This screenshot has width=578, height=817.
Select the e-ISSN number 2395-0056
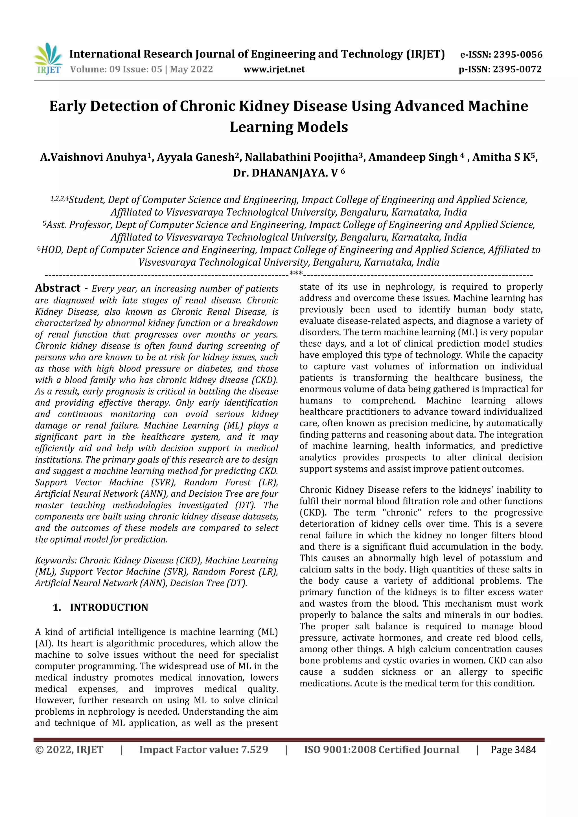click(x=518, y=54)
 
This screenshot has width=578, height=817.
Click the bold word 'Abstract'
click(x=58, y=288)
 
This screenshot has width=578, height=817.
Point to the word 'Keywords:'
click(x=56, y=560)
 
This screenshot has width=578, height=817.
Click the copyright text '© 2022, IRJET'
click(x=69, y=750)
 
